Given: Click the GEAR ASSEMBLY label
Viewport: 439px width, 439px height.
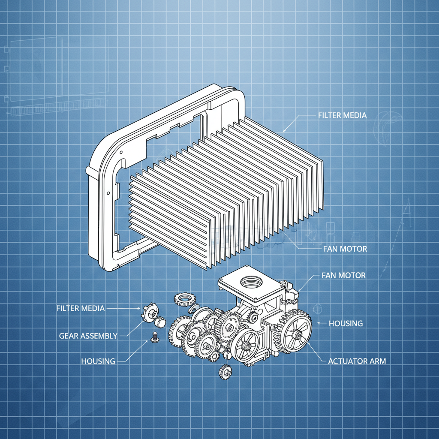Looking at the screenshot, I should click(x=88, y=336).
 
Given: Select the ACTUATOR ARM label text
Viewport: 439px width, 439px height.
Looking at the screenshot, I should click(x=357, y=361).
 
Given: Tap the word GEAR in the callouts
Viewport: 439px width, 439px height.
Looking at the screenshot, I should click(x=69, y=336).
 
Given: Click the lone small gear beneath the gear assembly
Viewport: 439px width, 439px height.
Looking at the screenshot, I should click(x=225, y=371).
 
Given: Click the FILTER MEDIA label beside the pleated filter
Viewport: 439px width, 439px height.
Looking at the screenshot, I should click(x=342, y=116).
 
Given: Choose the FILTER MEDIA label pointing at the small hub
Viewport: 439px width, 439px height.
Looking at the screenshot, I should click(x=80, y=308).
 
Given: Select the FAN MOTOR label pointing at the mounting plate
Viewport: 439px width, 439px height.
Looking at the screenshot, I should click(x=343, y=275).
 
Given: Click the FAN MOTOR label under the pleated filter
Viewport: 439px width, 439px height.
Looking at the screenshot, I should click(x=345, y=249).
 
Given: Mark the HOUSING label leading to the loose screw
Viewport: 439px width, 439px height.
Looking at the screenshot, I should click(x=98, y=361).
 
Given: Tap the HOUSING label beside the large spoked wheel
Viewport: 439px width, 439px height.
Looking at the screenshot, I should click(x=346, y=323).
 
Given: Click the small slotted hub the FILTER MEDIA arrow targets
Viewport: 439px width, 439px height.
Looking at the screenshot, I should click(x=149, y=312).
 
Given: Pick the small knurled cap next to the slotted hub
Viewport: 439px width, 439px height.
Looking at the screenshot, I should click(x=160, y=321).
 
